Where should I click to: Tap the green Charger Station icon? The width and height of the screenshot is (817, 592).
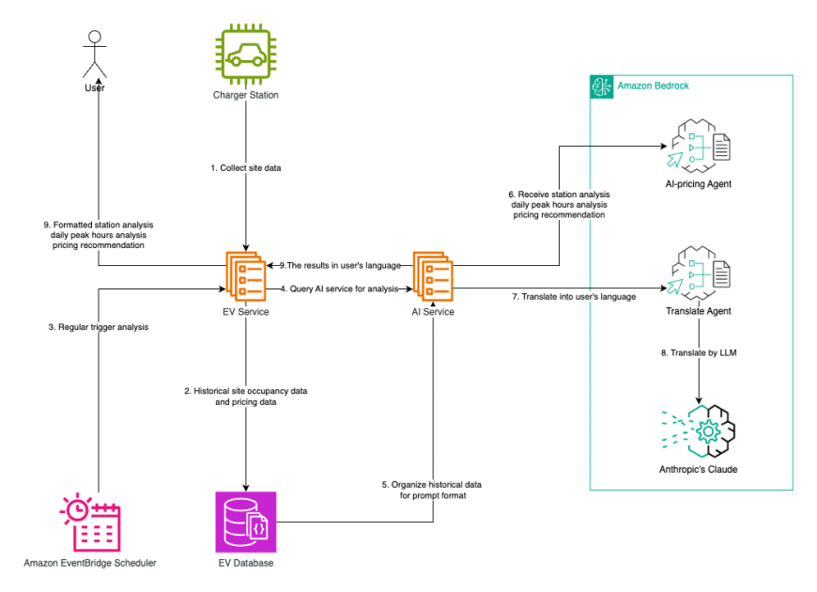coord(245,55)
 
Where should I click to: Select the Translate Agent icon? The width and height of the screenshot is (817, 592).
coord(697,273)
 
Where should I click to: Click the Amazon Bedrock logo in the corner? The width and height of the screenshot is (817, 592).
coord(601,86)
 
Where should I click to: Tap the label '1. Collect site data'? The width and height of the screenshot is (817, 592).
coord(246,168)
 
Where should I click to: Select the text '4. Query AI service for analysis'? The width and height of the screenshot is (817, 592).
coord(340,288)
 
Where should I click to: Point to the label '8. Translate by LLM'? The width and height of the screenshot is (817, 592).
coord(698,352)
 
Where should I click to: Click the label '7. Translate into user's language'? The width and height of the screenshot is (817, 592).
coord(573,297)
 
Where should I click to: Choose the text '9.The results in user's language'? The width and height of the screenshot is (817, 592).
coord(341,265)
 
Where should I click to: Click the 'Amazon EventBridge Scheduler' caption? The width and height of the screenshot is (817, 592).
coord(90,563)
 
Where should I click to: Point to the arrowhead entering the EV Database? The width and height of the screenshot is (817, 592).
coord(245,486)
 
